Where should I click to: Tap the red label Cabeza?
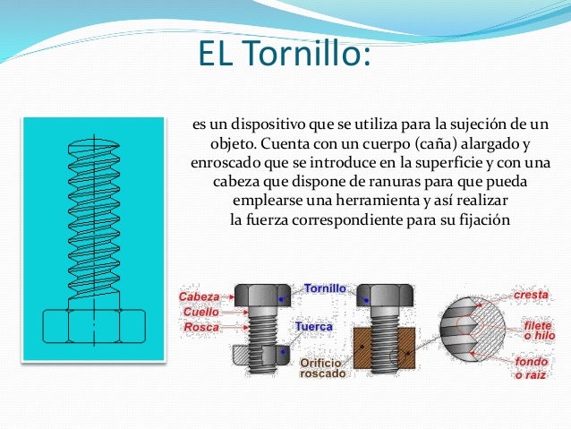[x=199, y=296]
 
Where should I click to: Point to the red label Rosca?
[x=201, y=328]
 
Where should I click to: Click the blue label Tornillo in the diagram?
[x=325, y=289]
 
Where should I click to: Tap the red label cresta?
[x=531, y=294]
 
